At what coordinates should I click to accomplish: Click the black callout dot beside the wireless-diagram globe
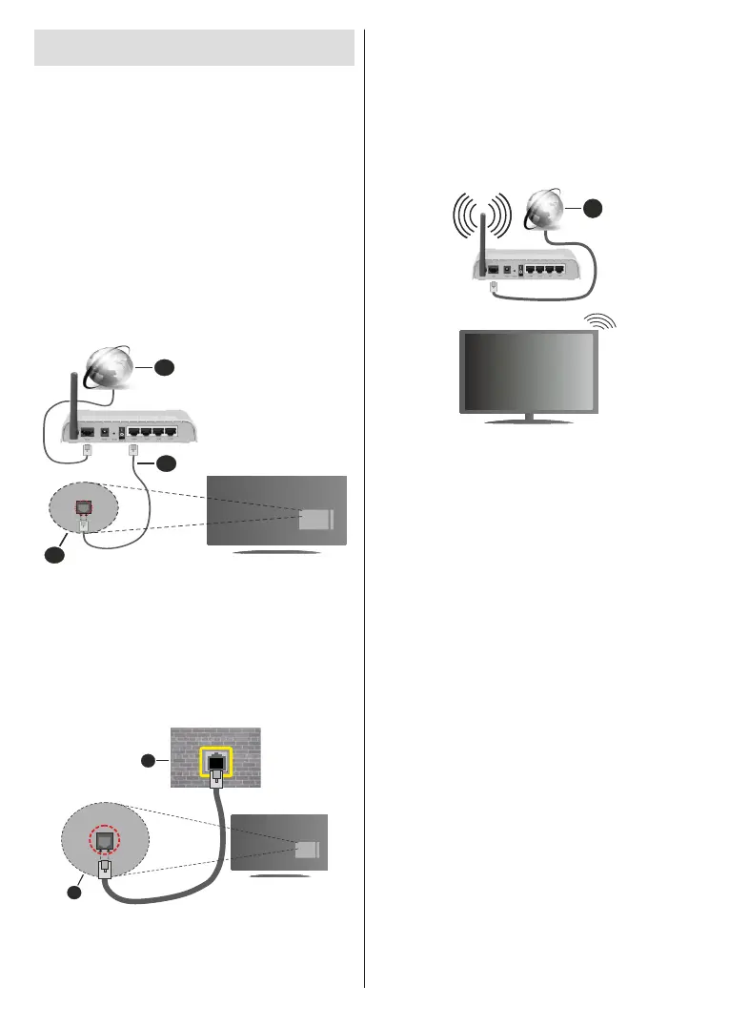593,208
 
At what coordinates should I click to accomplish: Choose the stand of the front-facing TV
530,419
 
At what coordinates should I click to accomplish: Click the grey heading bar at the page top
194,47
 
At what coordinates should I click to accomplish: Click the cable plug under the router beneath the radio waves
493,284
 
